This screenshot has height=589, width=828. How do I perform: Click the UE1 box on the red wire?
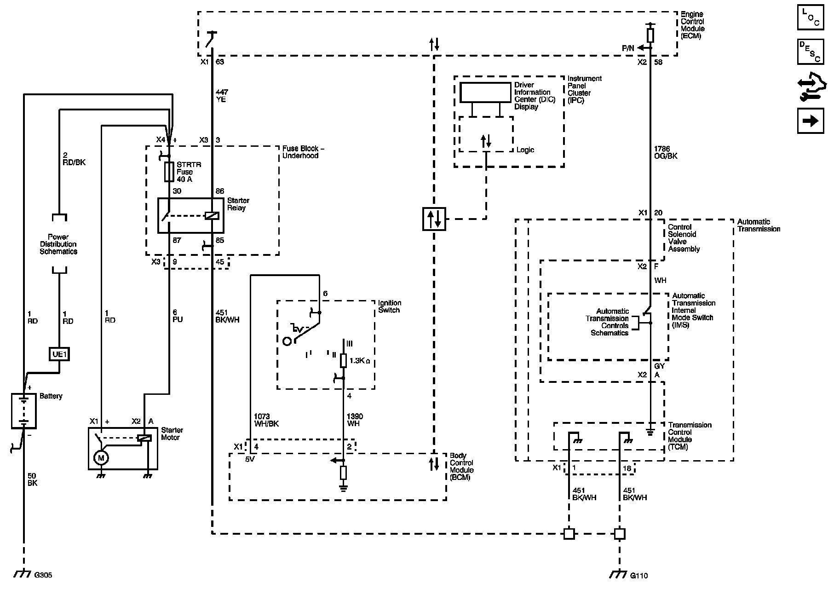tap(59, 354)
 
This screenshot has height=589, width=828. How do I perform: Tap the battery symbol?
tap(24, 411)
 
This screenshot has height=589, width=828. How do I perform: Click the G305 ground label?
tap(43, 575)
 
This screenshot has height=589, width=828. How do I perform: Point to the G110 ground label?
tap(638, 575)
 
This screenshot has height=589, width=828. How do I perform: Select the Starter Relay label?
tap(238, 204)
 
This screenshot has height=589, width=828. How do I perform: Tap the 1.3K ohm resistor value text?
tap(360, 361)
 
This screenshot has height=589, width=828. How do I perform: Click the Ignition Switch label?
tap(389, 306)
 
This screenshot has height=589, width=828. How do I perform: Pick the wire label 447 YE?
tap(221, 96)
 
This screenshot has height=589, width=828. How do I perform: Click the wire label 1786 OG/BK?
tap(665, 153)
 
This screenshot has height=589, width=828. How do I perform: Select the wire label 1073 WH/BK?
tap(266, 420)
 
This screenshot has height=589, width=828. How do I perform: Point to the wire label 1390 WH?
tap(353, 420)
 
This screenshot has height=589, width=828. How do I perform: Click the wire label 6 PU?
tap(177, 316)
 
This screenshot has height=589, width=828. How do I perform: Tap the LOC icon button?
tap(811, 17)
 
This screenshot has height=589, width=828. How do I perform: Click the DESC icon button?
tap(811, 52)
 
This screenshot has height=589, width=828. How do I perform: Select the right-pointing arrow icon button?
tap(811, 121)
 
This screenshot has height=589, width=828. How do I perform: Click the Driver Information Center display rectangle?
tap(486, 92)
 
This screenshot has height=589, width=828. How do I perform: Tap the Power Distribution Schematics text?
tap(58, 244)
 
